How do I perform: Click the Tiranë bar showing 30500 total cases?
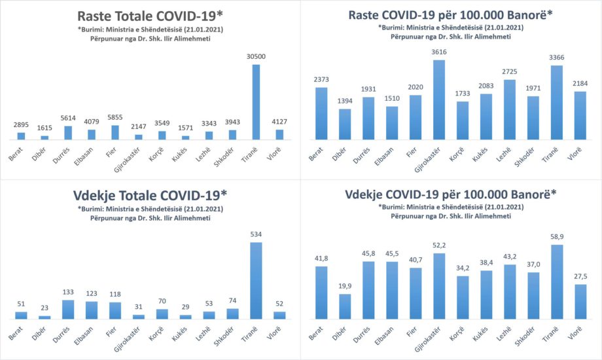coord(256,101)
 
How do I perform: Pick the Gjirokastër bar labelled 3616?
coord(439,99)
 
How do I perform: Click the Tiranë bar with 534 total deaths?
coord(256,281)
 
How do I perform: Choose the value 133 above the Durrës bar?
coord(67,293)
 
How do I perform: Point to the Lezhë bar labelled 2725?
coord(510,110)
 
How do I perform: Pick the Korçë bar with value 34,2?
coord(463,298)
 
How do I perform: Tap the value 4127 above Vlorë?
coord(279,120)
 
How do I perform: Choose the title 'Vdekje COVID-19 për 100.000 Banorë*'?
coord(452,194)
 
